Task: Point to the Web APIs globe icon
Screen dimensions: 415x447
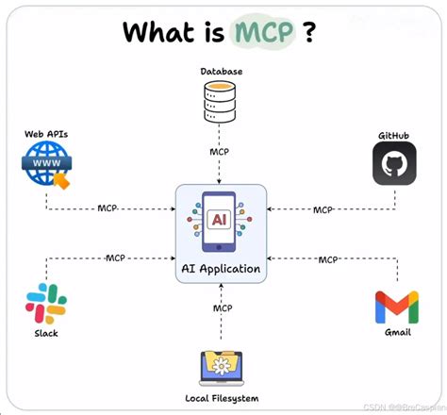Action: tap(47, 164)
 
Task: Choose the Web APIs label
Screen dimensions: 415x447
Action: tap(46, 134)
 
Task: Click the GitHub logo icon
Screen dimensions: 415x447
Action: tap(394, 162)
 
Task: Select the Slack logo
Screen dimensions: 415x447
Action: tap(46, 303)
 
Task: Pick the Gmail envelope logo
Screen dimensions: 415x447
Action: tap(396, 308)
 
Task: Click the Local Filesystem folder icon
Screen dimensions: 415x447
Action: tap(223, 367)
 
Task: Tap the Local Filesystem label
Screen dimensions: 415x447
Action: tap(223, 397)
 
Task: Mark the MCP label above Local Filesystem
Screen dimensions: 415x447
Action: tap(223, 307)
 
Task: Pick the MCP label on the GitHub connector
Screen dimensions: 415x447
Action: tap(323, 209)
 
